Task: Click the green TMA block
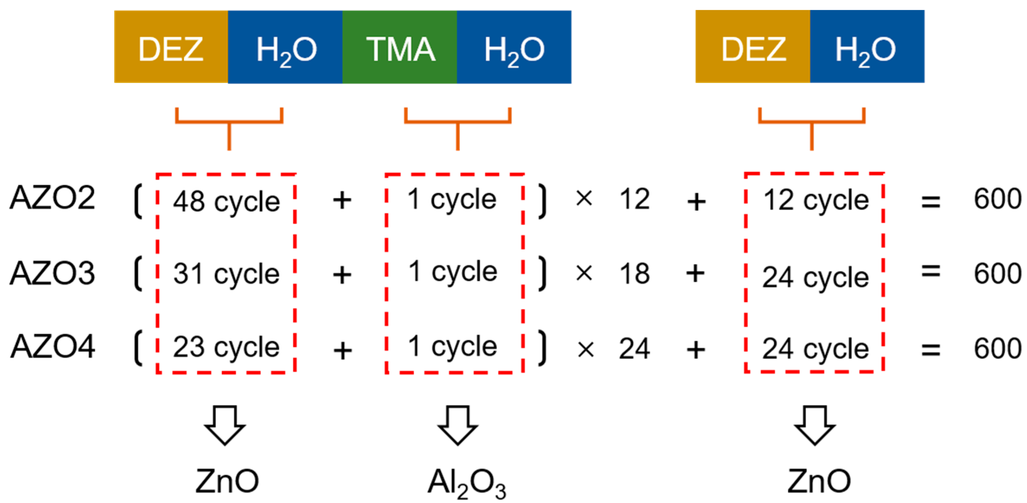click(399, 47)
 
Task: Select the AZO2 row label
click(52, 198)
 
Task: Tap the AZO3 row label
click(52, 273)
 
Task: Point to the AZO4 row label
click(52, 347)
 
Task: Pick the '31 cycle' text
click(226, 274)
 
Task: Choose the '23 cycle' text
click(226, 347)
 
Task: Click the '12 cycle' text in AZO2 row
click(815, 200)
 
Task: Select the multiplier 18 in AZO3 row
click(634, 274)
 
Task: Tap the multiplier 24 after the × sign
click(634, 348)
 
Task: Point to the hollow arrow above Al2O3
click(457, 425)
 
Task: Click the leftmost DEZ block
click(171, 47)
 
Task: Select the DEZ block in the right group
click(753, 47)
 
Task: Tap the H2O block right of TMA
click(514, 47)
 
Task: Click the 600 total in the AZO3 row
click(998, 274)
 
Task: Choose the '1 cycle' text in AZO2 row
click(452, 199)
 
